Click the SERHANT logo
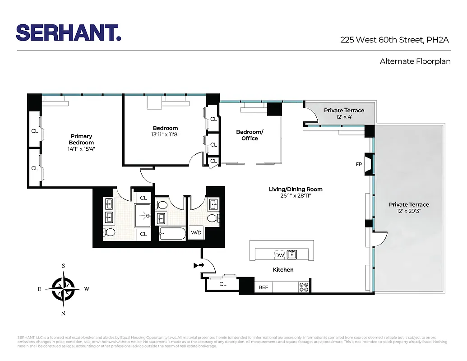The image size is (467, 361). (x=69, y=32)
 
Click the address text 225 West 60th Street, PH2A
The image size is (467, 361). (x=395, y=40)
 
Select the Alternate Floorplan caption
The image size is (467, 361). (x=415, y=61)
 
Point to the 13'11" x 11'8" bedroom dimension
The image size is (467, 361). (x=165, y=134)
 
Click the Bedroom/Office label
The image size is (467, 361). (x=250, y=135)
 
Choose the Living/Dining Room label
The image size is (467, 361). (x=296, y=189)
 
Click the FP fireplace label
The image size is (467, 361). (x=359, y=165)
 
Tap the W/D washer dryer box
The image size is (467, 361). (x=196, y=233)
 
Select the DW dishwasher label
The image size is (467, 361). (x=279, y=255)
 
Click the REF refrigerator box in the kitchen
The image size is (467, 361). (x=263, y=287)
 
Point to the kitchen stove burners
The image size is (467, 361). (x=304, y=287)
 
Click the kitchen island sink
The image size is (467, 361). (x=292, y=255)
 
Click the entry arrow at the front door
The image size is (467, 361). (x=198, y=265)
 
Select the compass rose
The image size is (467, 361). (x=63, y=289)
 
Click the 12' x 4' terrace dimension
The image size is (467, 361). (x=344, y=117)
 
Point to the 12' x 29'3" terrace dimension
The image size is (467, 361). (x=409, y=211)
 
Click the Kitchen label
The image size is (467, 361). (x=283, y=270)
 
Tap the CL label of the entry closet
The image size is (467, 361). (x=222, y=284)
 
